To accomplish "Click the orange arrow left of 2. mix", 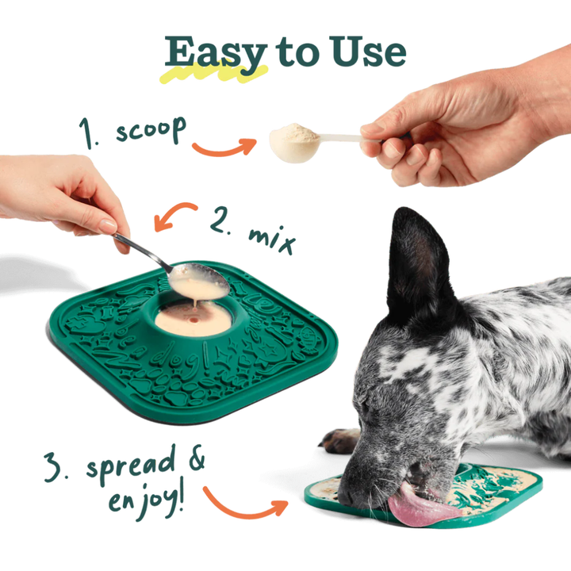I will click(174, 215).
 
